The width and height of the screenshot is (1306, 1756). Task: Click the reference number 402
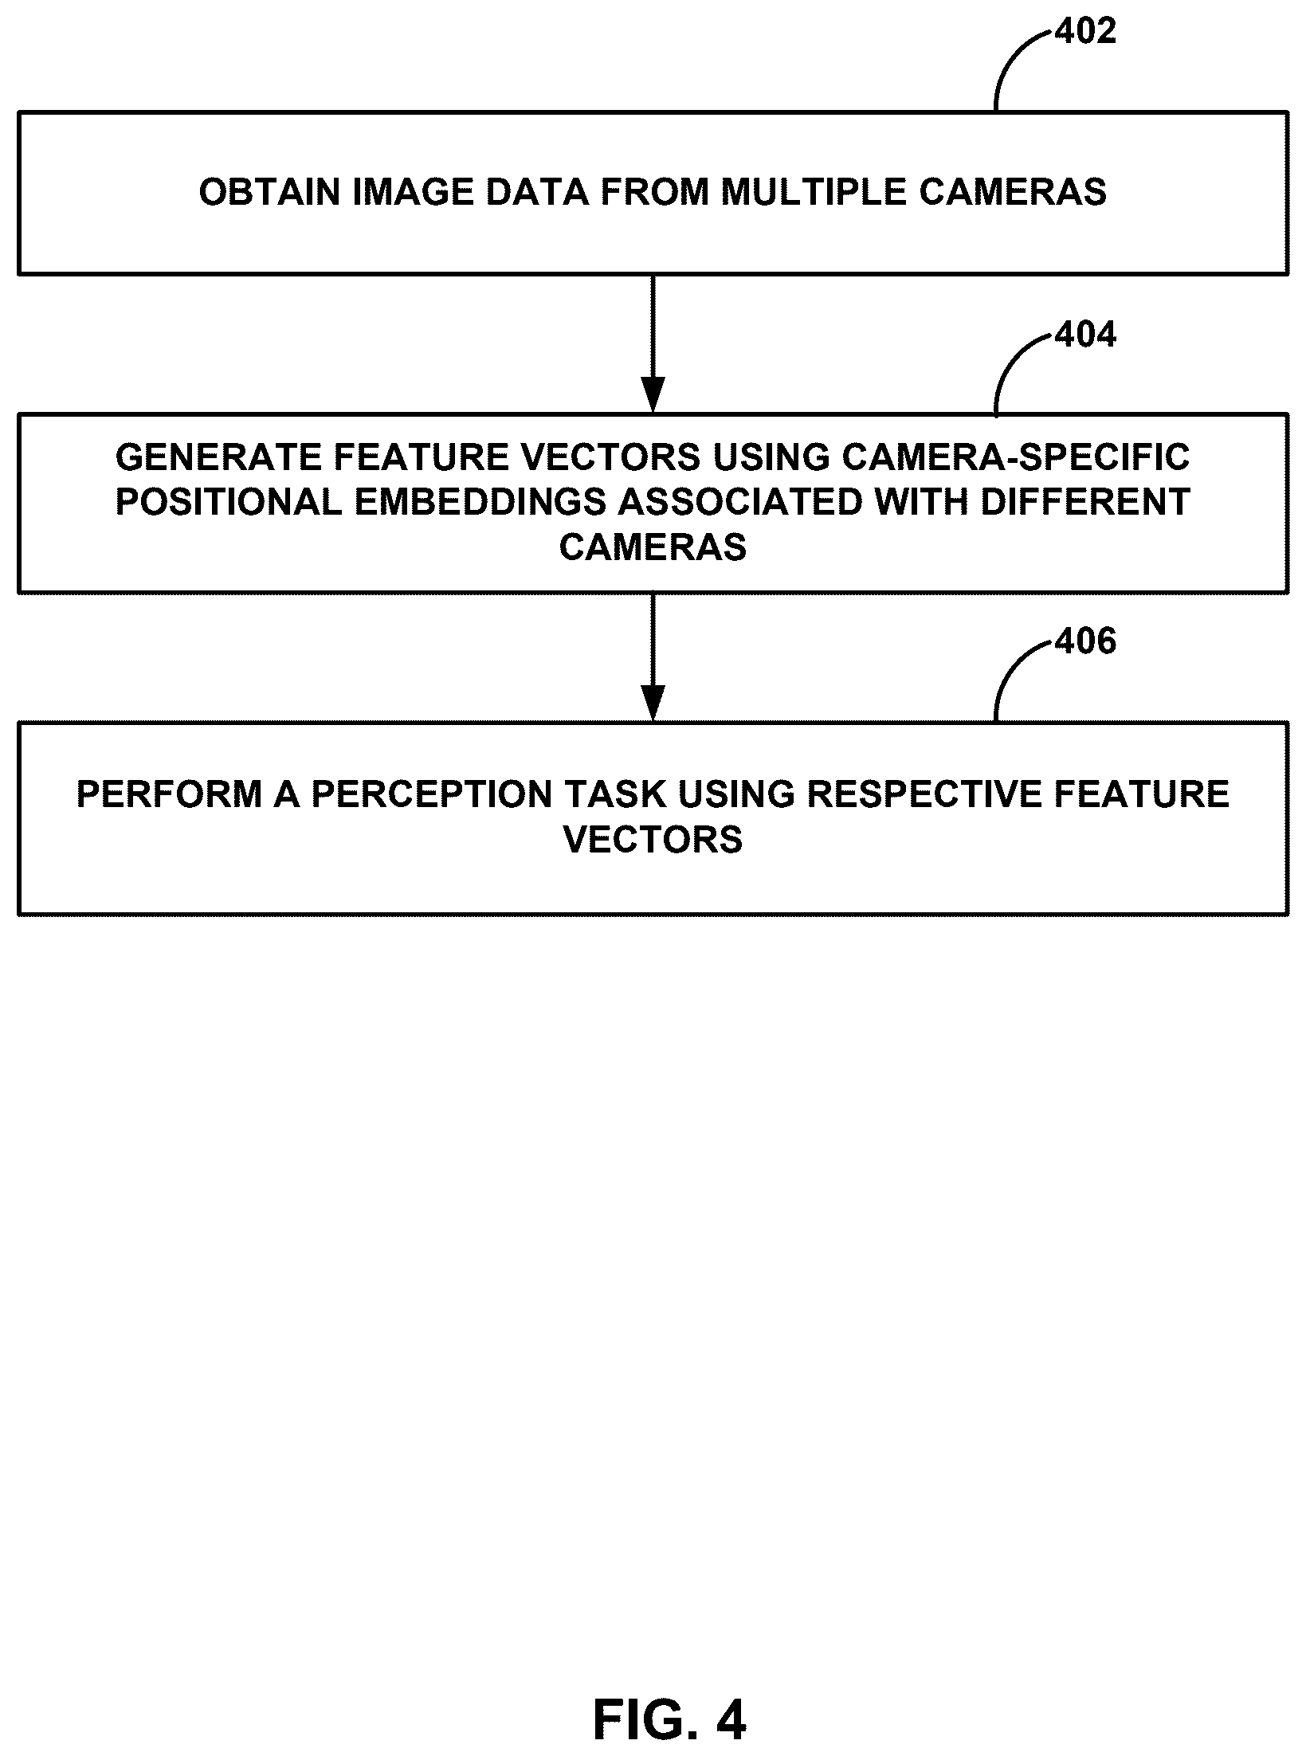click(1085, 32)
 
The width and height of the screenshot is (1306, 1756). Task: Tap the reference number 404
click(1085, 335)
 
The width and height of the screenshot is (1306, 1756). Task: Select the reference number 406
click(1085, 641)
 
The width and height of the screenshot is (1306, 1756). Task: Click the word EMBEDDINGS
click(480, 503)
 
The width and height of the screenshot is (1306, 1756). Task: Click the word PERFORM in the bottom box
click(169, 795)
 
